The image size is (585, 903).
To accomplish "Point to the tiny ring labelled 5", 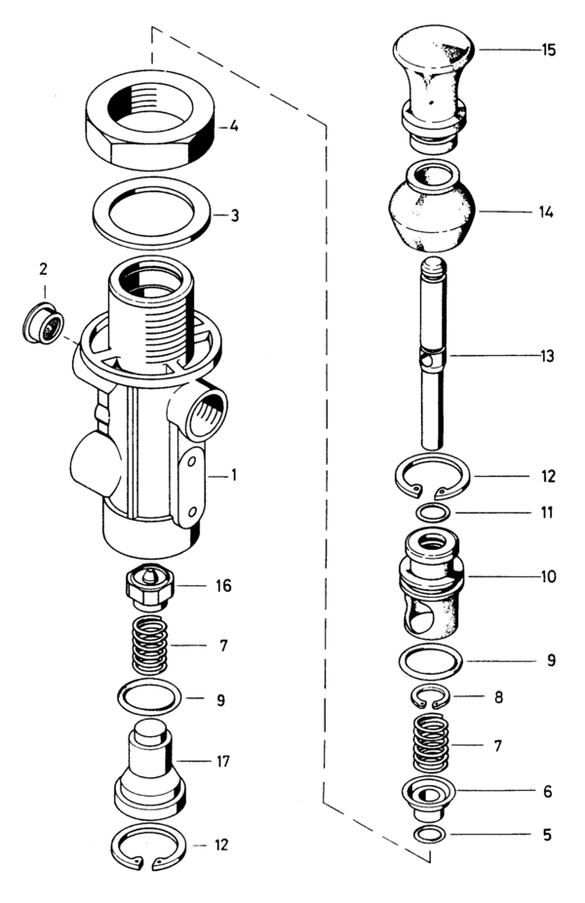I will [x=430, y=833].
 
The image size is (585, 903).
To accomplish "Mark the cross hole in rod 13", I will [x=429, y=358].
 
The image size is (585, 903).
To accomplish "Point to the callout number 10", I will [x=548, y=576].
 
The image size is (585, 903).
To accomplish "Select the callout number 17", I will [x=224, y=760].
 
